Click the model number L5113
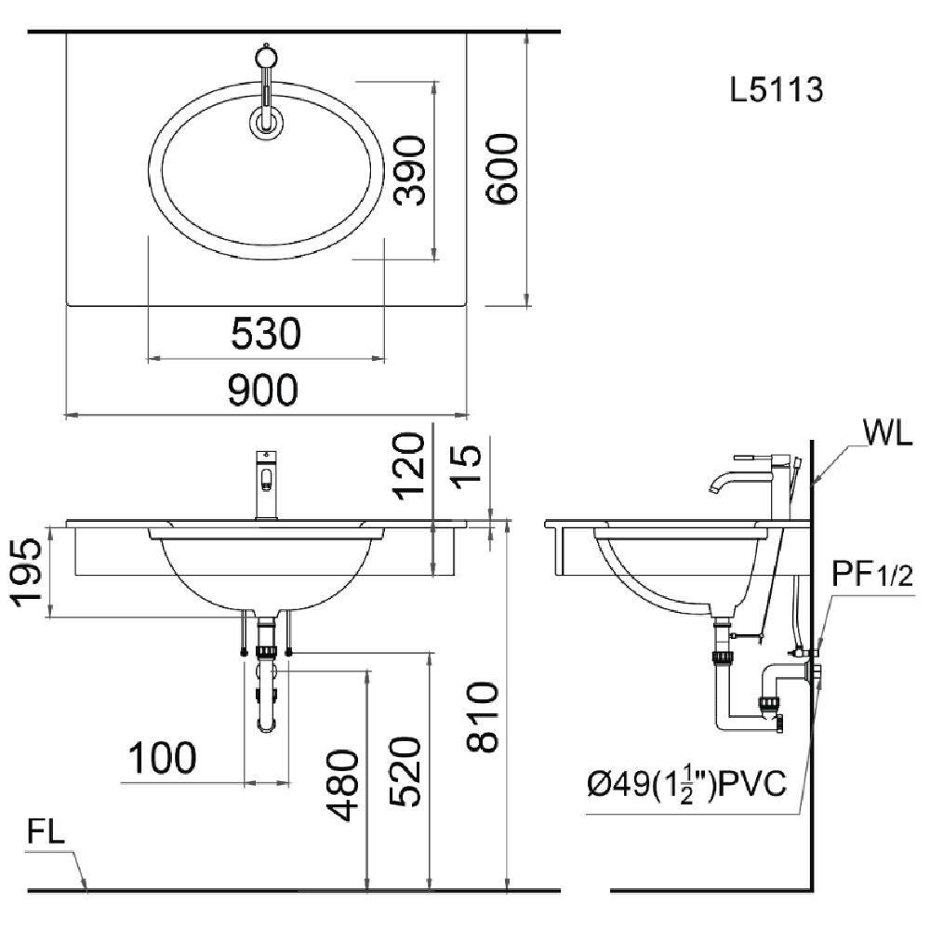click(777, 90)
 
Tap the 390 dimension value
click(409, 169)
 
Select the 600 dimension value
click(500, 168)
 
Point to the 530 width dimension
click(266, 333)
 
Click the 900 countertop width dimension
click(264, 390)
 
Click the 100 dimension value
click(163, 759)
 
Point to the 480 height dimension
click(344, 785)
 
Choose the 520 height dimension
click(405, 774)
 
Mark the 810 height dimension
click(483, 717)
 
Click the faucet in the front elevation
click(267, 484)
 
